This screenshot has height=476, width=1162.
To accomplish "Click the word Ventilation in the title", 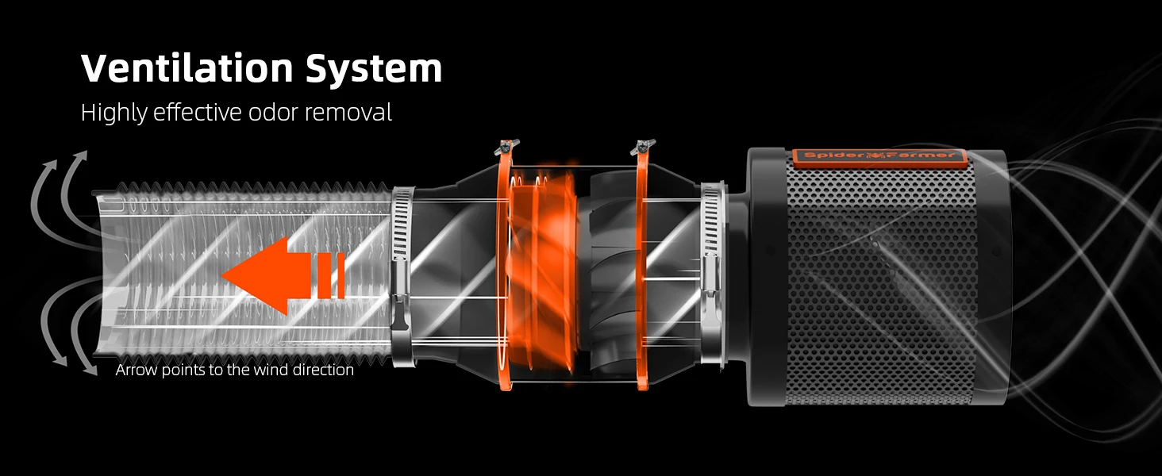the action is tap(187, 68).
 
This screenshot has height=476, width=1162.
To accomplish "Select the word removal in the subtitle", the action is tap(348, 113).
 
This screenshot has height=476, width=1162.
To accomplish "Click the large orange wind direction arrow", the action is tap(283, 275).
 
